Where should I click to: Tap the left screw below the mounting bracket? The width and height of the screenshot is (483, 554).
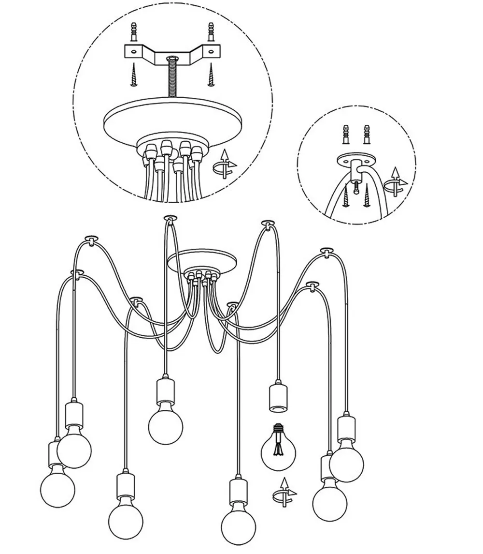[134, 75]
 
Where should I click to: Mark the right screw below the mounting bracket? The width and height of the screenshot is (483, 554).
[211, 75]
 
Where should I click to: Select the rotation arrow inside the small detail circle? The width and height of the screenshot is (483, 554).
[398, 181]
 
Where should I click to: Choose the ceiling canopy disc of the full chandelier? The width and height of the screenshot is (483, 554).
[202, 260]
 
